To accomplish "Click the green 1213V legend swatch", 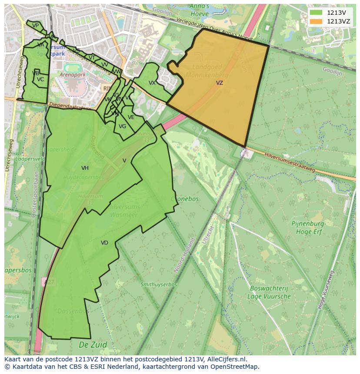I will [316, 13].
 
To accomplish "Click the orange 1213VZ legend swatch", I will [316, 21].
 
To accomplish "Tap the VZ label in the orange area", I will [220, 83].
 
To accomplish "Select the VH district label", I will [85, 168].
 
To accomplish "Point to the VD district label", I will [104, 243].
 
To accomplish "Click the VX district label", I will [152, 83].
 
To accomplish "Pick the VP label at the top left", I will [36, 26].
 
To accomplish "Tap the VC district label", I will [40, 79].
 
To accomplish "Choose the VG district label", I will [122, 126].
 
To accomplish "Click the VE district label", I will [131, 117].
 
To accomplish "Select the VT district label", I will [92, 58].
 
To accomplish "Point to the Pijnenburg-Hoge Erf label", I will [309, 227].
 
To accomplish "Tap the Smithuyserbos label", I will [159, 285].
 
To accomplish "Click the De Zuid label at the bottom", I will [93, 345].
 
